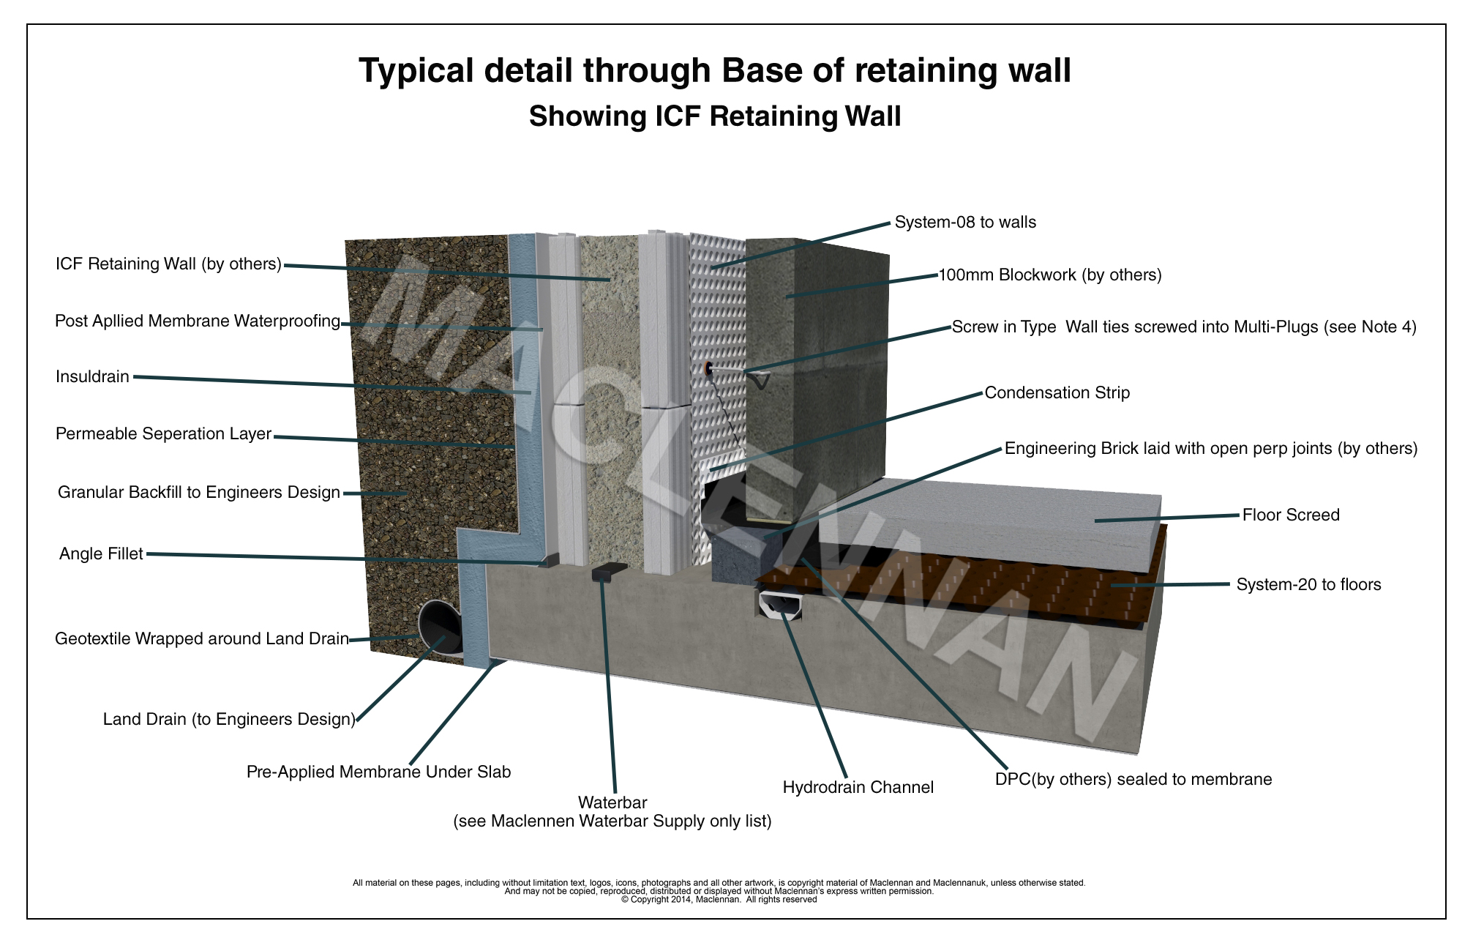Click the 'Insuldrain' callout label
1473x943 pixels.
coord(92,377)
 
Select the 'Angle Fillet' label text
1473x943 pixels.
coord(101,554)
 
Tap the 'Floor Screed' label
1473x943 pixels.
coord(1291,515)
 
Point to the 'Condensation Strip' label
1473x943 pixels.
coord(1057,393)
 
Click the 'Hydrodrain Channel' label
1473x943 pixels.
coord(858,788)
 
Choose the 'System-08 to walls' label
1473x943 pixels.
coord(965,223)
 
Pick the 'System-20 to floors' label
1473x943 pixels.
coord(1308,585)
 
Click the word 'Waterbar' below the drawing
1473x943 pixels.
coord(612,803)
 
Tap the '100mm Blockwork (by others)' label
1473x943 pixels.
coord(1049,275)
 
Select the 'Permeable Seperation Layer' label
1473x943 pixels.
coord(163,434)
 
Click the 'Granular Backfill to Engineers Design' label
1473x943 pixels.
coord(198,493)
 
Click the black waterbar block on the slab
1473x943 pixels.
coord(609,572)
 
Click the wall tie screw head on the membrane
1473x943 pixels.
coord(708,368)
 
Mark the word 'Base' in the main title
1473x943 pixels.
coord(782,71)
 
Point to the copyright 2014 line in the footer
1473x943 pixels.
coord(719,900)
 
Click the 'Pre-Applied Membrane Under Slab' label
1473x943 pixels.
coord(378,772)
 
